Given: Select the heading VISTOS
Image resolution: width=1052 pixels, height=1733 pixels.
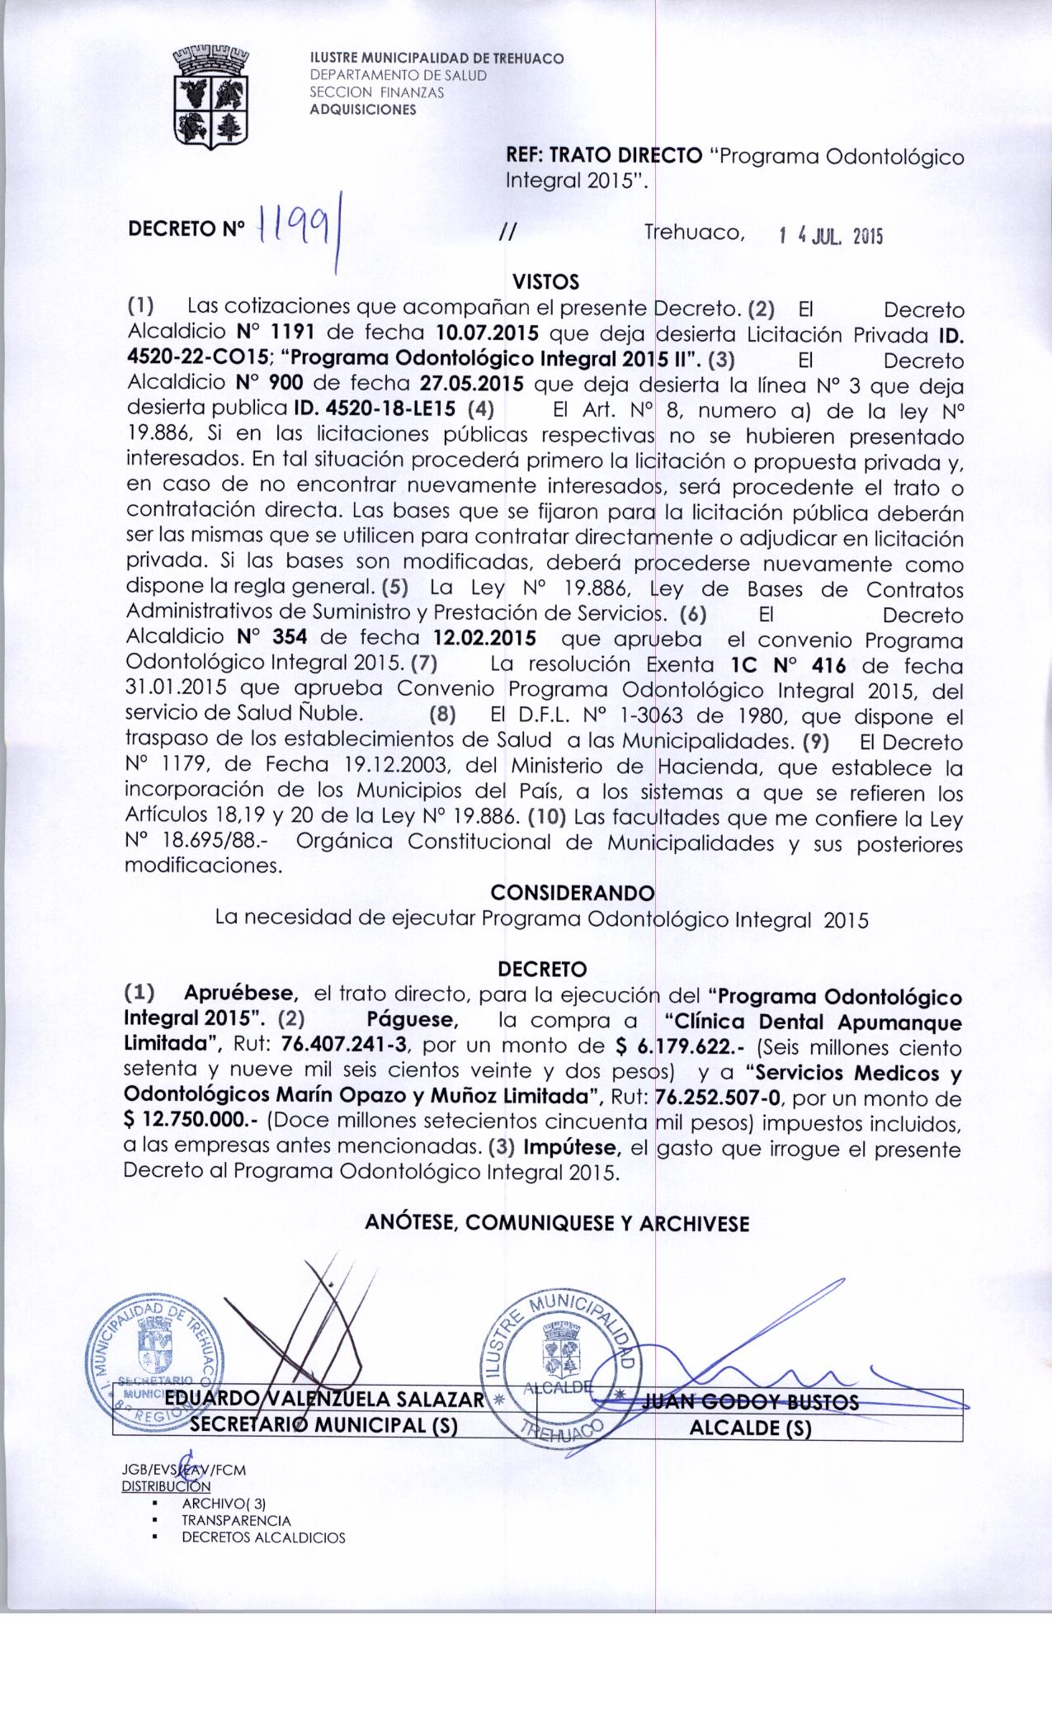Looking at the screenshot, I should (546, 283).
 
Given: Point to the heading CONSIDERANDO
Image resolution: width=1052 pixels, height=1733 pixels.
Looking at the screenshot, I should (572, 893).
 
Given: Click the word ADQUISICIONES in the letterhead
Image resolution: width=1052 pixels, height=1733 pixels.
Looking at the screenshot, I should (362, 109).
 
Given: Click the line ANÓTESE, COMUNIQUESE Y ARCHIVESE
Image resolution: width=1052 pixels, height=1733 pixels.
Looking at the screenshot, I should (557, 1223).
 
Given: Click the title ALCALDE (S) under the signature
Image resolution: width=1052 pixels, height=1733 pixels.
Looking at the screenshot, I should (750, 1428).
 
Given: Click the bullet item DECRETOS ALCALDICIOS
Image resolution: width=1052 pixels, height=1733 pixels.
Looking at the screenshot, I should (263, 1537).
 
